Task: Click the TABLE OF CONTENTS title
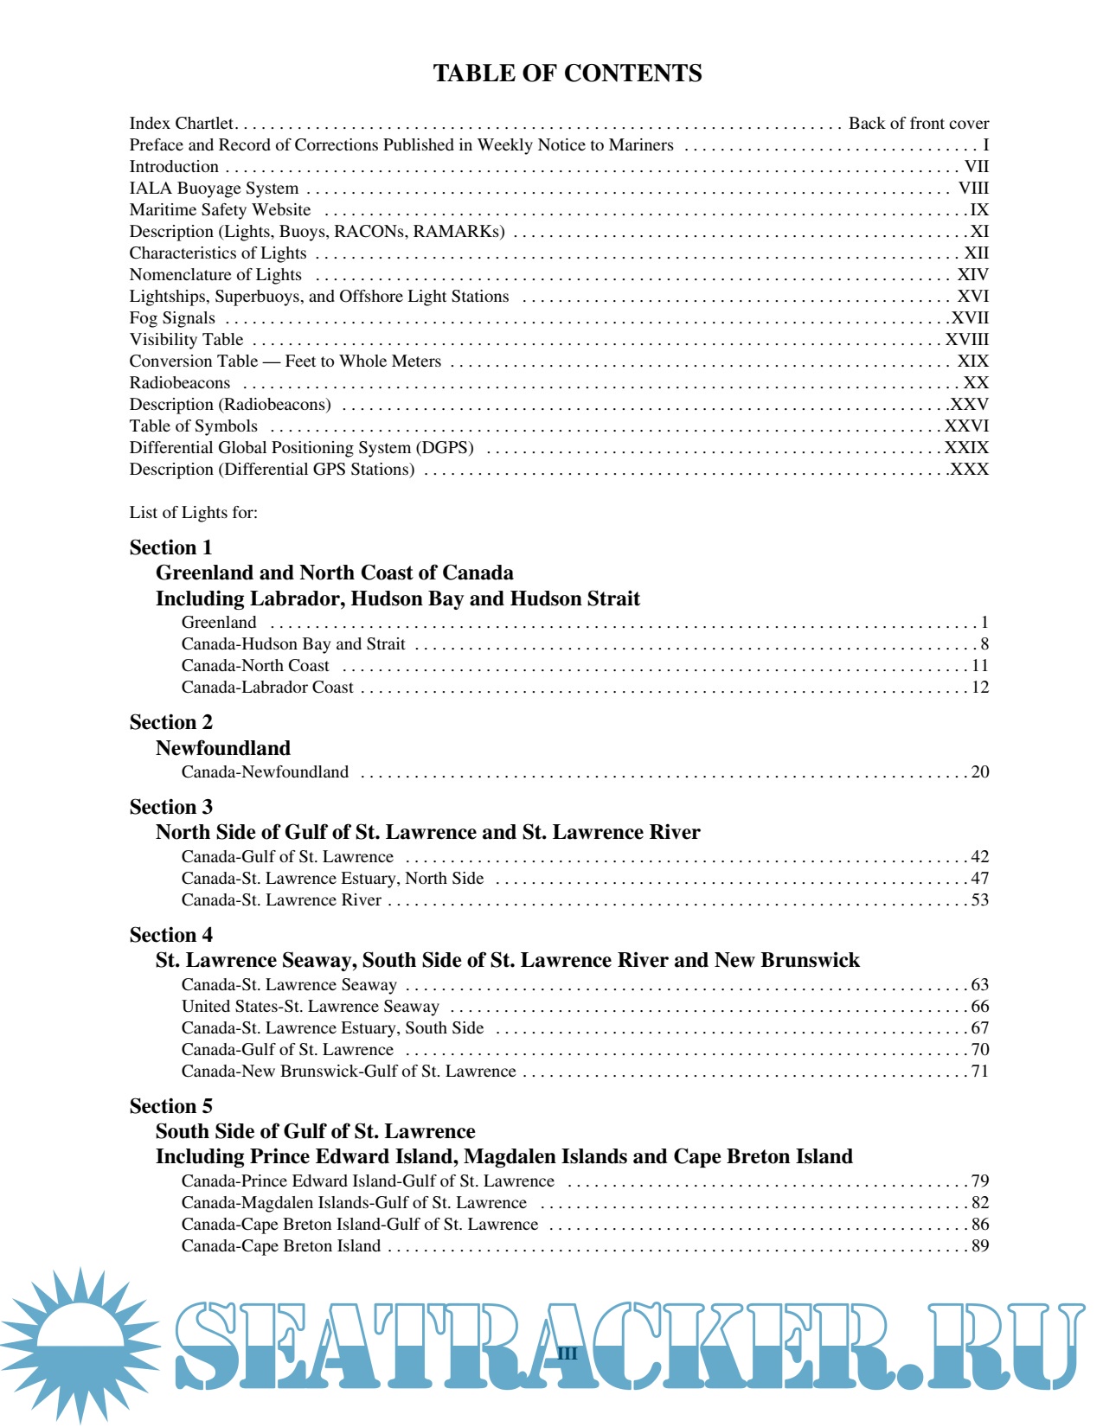pos(567,74)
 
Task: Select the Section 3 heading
pos(170,807)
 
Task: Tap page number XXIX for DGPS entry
pos(966,448)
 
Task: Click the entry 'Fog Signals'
pos(172,318)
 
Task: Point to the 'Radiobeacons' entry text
pos(180,383)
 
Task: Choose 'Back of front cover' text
pos(918,124)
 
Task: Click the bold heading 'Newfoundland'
pos(222,748)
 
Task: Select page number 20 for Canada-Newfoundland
pos(979,772)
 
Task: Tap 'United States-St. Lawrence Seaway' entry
pos(310,1007)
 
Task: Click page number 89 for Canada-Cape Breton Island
pos(979,1246)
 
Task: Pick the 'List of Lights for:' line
pos(194,513)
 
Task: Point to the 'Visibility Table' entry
pos(186,340)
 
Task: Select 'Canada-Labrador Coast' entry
pos(267,688)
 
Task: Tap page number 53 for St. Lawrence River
pos(979,900)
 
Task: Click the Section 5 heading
pos(170,1106)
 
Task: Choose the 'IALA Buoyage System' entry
pos(214,189)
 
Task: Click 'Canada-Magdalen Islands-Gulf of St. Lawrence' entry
pos(354,1203)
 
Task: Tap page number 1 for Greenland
pos(984,623)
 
